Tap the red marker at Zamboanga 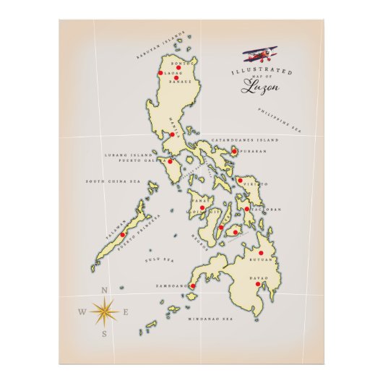pos(192,286)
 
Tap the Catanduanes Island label pos(244,139)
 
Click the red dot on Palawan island pos(123,234)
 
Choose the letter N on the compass pos(105,291)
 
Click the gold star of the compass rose pos(105,312)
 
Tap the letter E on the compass pos(126,312)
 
